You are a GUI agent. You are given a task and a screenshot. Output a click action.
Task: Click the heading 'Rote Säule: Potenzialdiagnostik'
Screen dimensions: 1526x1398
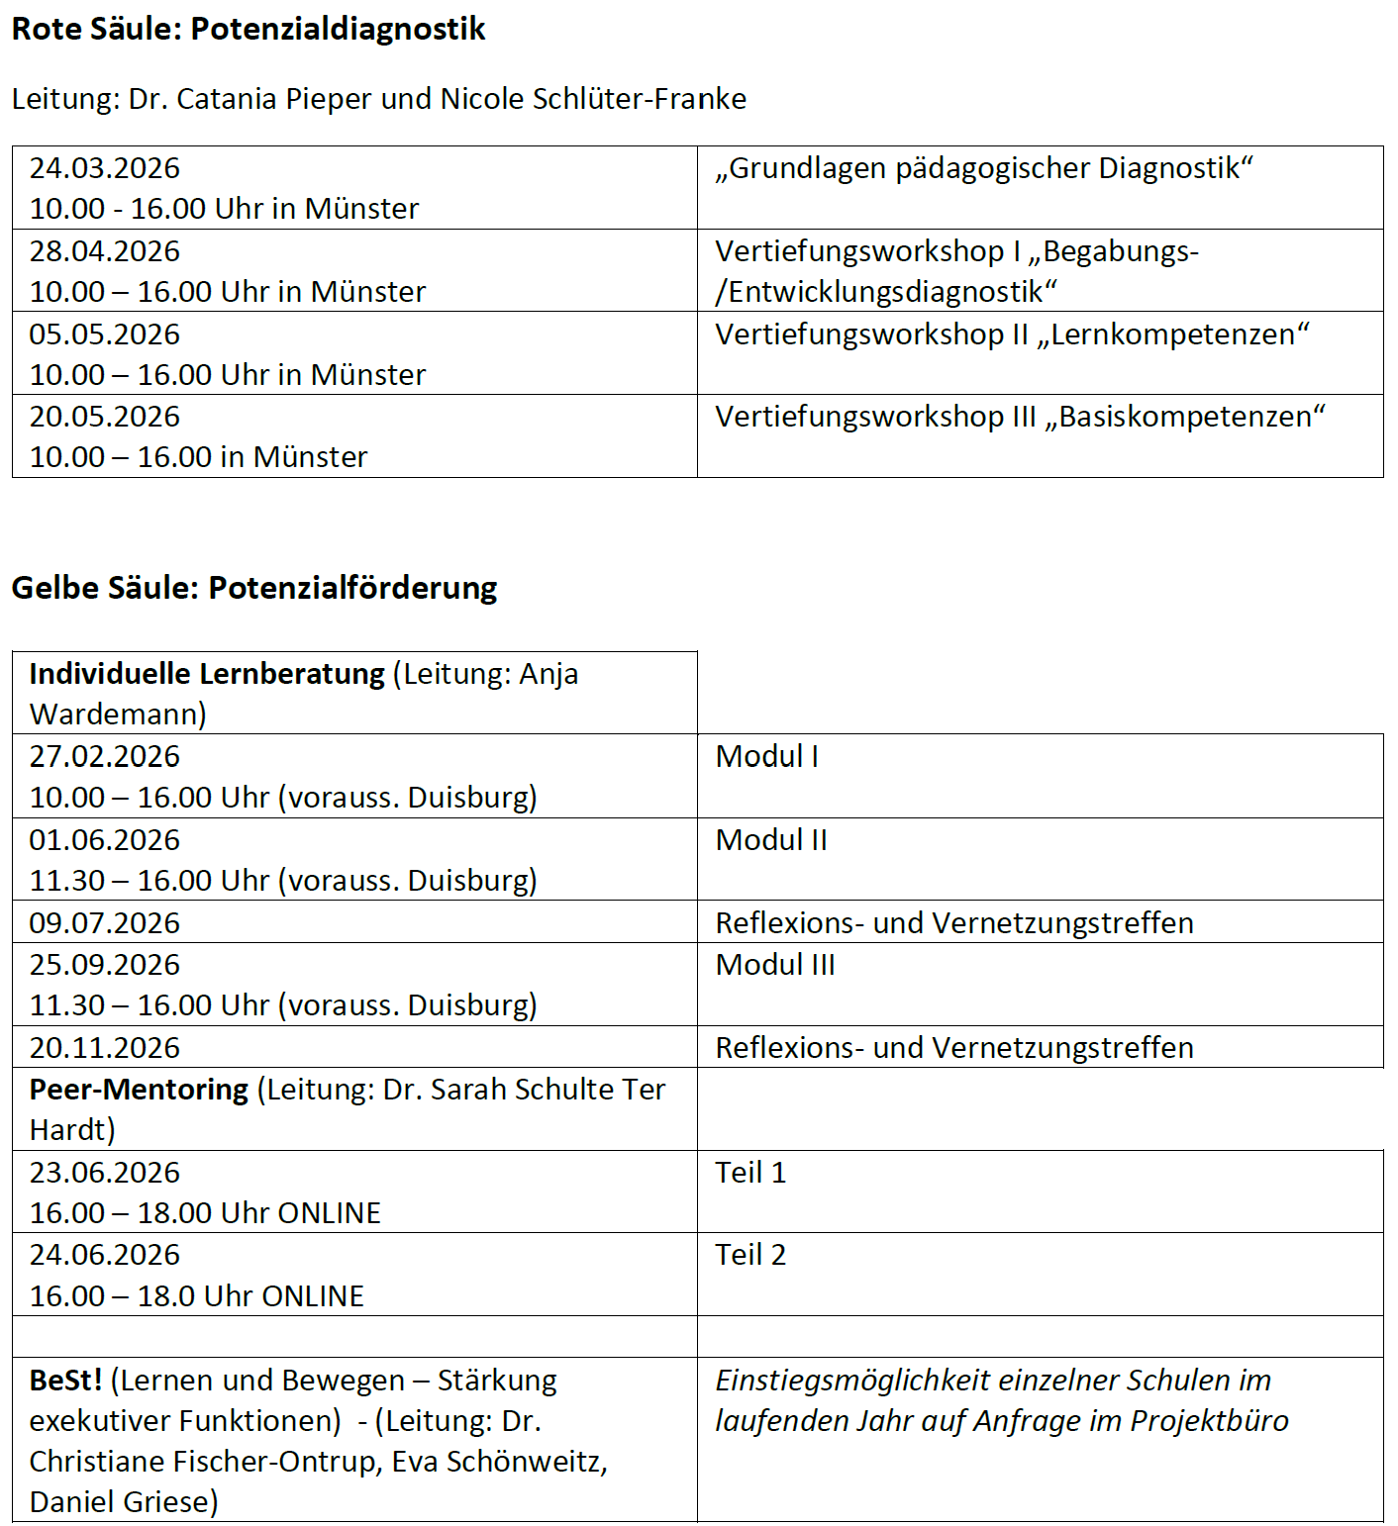pos(248,29)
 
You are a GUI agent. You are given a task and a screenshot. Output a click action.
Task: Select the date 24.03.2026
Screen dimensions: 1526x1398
pos(104,168)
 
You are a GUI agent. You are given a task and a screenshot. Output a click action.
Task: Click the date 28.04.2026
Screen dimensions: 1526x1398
pos(104,251)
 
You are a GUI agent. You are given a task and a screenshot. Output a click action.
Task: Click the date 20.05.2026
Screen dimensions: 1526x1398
pos(104,417)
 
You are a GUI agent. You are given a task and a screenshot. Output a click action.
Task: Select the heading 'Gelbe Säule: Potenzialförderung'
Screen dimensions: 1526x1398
pos(253,588)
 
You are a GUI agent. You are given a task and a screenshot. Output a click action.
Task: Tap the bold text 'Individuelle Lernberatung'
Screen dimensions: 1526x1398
pos(207,674)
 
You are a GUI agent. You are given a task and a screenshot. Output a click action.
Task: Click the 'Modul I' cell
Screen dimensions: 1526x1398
pos(766,757)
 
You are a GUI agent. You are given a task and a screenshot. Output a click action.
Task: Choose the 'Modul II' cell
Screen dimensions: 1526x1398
pos(770,840)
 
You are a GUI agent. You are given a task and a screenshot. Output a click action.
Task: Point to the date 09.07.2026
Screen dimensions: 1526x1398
pos(104,923)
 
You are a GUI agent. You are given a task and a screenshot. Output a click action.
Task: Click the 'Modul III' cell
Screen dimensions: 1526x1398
pos(774,965)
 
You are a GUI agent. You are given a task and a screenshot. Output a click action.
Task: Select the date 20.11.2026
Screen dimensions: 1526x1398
pos(104,1048)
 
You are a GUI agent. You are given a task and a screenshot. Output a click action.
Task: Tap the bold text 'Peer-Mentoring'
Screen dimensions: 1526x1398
pos(139,1090)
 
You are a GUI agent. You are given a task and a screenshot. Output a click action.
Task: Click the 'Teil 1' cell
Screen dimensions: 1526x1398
pos(749,1173)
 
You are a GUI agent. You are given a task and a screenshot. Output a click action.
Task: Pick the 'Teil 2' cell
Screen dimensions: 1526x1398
pos(749,1255)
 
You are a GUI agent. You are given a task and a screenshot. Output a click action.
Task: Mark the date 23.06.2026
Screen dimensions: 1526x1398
pos(104,1173)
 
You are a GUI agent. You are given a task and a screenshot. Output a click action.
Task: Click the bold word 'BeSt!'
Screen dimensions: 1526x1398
pos(65,1381)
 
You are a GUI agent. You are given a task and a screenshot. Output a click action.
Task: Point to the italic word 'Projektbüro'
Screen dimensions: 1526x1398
pos(1209,1421)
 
